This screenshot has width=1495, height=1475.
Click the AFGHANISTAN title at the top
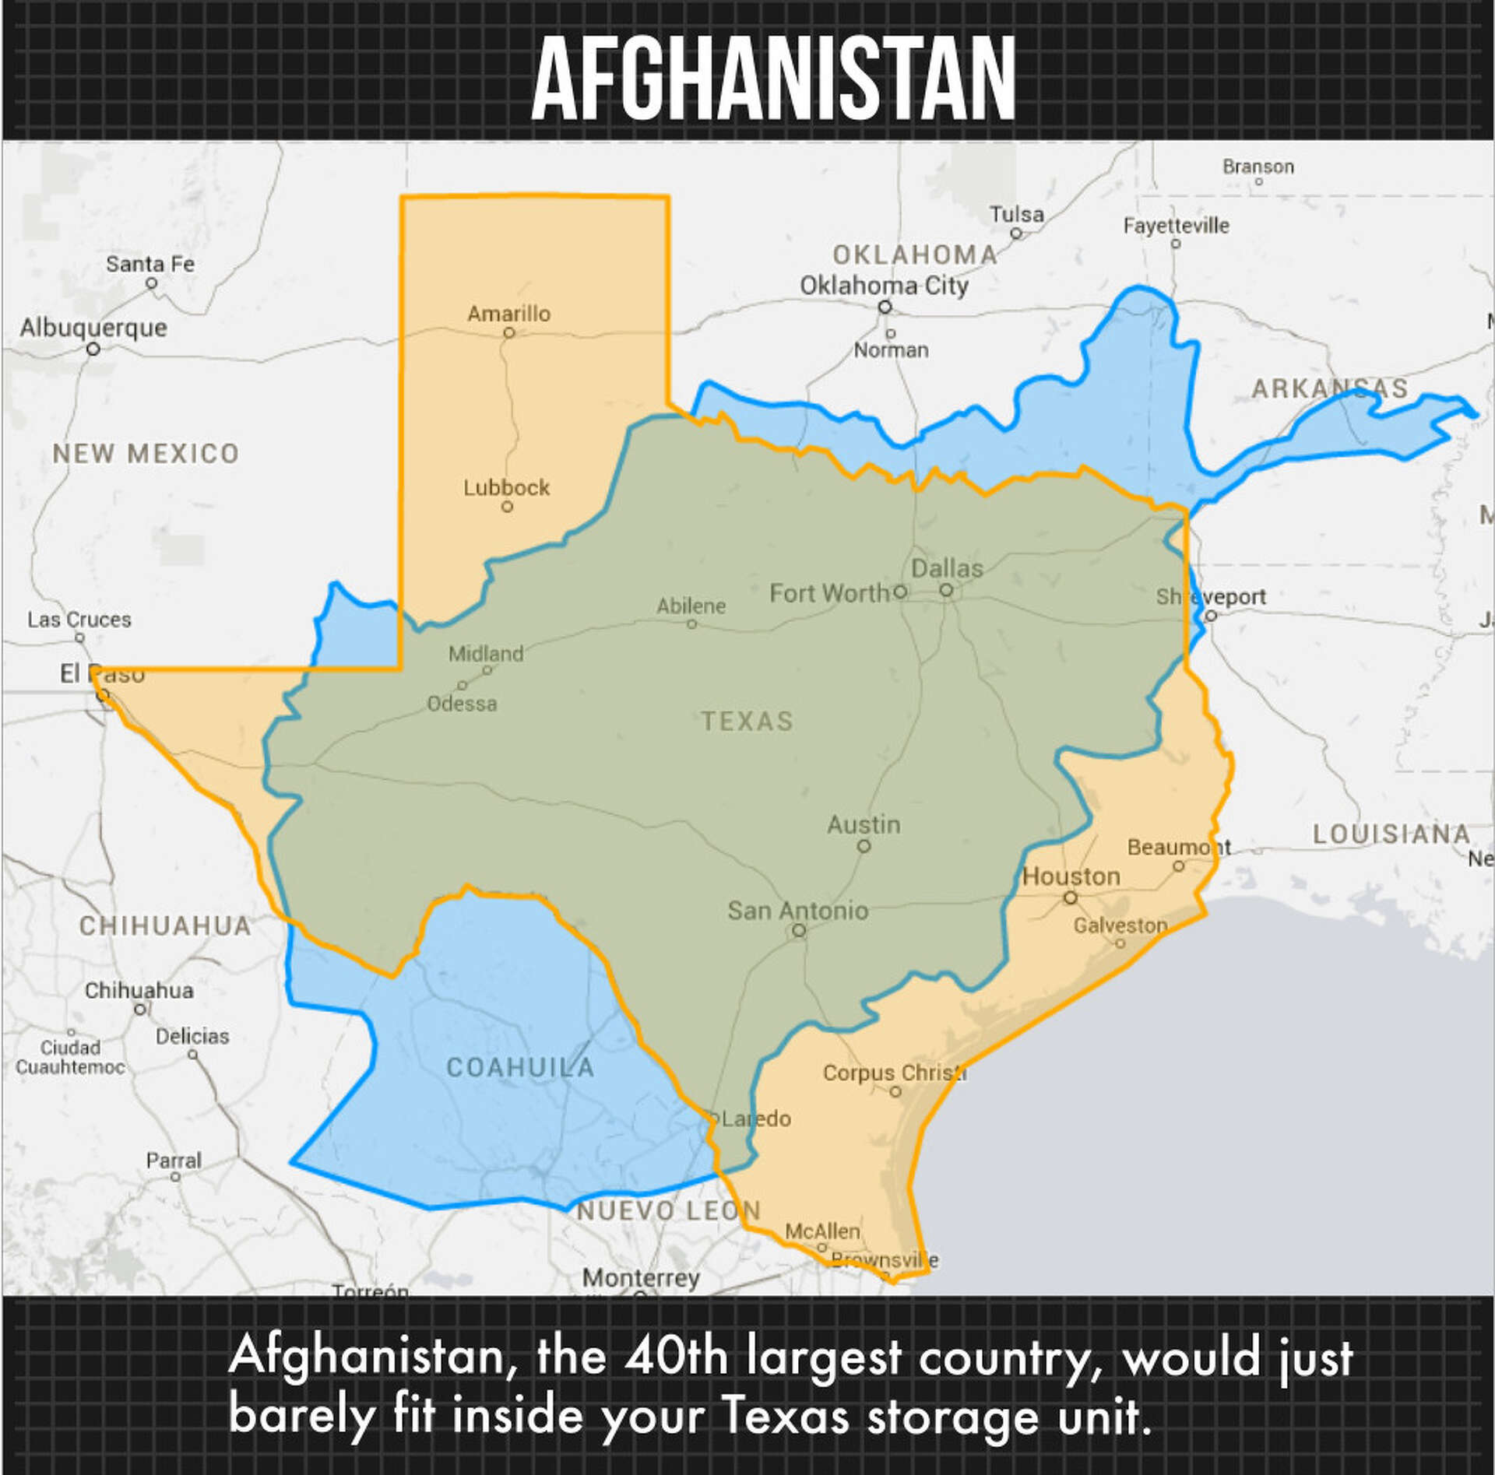[x=773, y=78]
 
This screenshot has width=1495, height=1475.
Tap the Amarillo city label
[x=508, y=314]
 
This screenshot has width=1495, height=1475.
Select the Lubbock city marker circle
[x=507, y=507]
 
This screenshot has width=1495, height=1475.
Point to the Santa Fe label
[x=150, y=264]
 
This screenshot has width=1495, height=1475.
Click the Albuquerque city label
[x=93, y=328]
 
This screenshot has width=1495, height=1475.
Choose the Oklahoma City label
[x=884, y=286]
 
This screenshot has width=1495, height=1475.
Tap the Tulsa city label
[x=1016, y=214]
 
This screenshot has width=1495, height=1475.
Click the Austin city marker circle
[x=864, y=846]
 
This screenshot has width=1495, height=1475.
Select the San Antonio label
[x=797, y=910]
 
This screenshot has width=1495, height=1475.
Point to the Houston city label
[x=1071, y=876]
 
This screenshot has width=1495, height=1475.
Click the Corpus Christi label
[x=894, y=1073]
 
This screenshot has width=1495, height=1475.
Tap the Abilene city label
[x=691, y=606]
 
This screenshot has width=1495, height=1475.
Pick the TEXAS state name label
[x=747, y=722]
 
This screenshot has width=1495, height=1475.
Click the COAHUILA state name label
[x=520, y=1067]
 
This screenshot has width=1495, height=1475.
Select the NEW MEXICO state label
[x=146, y=453]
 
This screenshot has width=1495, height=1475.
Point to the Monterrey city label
[x=641, y=1277]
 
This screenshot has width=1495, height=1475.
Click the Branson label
[x=1258, y=167]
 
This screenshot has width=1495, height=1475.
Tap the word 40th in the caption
[x=675, y=1355]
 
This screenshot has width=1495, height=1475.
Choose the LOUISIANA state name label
[x=1391, y=834]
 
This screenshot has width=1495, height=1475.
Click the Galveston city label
[x=1120, y=925]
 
